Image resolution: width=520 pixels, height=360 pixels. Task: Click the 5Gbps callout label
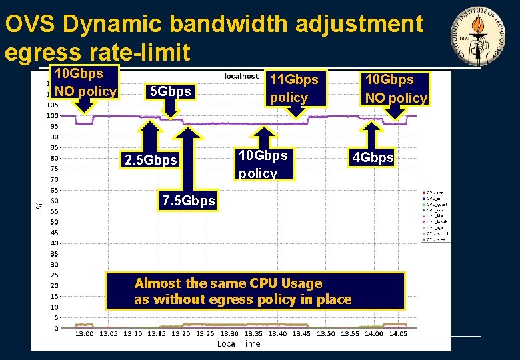pyautogui.click(x=171, y=91)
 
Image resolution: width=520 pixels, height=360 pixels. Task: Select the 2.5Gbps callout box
pyautogui.click(x=151, y=160)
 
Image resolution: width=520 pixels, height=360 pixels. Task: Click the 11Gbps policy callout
pyautogui.click(x=294, y=88)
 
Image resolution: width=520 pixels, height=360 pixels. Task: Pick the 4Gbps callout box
pyautogui.click(x=373, y=158)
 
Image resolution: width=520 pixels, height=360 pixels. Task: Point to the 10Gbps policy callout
pyautogui.click(x=263, y=164)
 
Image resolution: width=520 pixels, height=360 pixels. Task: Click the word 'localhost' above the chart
pyautogui.click(x=241, y=77)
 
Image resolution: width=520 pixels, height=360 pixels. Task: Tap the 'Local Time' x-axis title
pyautogui.click(x=239, y=344)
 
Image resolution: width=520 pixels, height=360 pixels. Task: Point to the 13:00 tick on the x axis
pyautogui.click(x=84, y=333)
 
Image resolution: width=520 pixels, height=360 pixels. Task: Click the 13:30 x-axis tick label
pyautogui.click(x=229, y=333)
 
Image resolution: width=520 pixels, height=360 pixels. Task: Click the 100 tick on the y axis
pyautogui.click(x=52, y=115)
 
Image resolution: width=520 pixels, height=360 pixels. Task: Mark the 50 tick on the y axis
pyautogui.click(x=54, y=222)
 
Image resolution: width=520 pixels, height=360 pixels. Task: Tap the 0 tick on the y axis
pyautogui.click(x=56, y=329)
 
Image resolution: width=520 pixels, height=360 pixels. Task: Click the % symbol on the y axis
pyautogui.click(x=37, y=207)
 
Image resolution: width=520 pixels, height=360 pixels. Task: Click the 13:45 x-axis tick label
pyautogui.click(x=301, y=333)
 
